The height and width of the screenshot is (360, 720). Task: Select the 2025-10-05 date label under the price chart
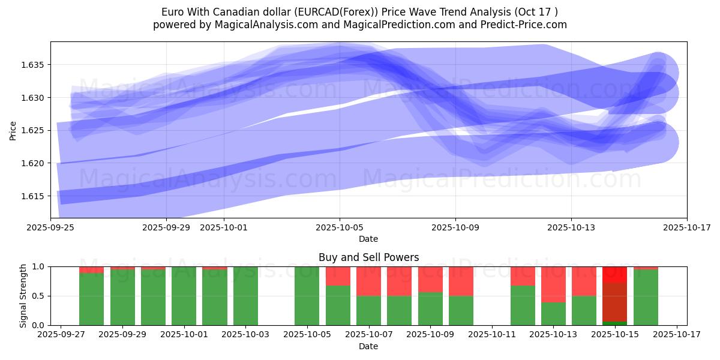[x=340, y=227]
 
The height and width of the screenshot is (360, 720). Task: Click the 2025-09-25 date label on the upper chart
[x=50, y=227]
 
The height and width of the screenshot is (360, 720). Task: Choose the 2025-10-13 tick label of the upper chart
[x=571, y=227]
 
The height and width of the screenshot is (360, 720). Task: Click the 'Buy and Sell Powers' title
[x=368, y=257]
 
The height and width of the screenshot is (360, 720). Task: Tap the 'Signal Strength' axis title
[x=24, y=296]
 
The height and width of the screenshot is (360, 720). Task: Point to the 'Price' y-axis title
[x=13, y=130]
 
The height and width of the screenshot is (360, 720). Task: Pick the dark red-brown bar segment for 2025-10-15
[x=614, y=302]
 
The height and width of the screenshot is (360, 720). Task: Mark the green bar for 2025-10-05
[x=307, y=296]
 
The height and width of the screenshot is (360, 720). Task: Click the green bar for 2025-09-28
[x=91, y=299]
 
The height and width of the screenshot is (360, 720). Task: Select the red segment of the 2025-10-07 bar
[x=368, y=281]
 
